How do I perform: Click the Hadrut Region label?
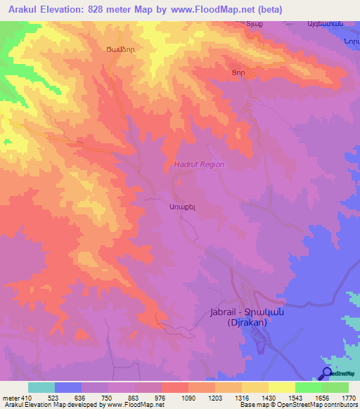(x=199, y=164)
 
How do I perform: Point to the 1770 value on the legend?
(x=349, y=399)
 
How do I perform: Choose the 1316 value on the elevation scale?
(x=242, y=399)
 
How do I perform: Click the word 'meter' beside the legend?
(x=11, y=399)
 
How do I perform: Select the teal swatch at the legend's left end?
(x=41, y=387)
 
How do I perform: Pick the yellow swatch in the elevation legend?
(x=282, y=387)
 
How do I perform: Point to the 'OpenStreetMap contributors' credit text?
(x=323, y=405)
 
